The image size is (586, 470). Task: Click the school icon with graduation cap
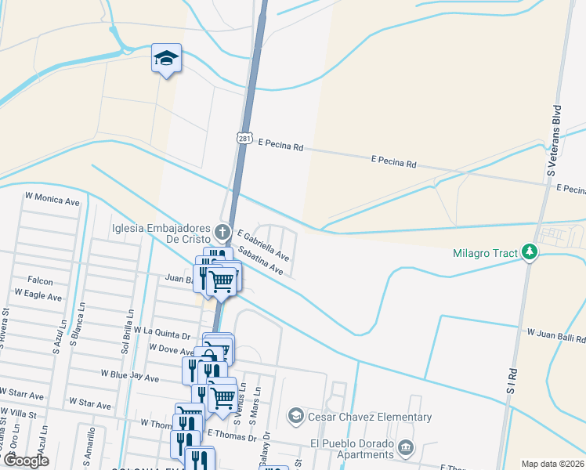[166, 59]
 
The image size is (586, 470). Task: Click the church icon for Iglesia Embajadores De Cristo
[223, 232]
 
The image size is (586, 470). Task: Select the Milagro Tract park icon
[530, 252]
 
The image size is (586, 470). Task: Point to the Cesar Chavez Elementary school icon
[295, 415]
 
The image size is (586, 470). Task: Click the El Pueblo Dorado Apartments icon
[405, 448]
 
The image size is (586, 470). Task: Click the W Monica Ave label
[52, 201]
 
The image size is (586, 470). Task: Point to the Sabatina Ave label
[260, 261]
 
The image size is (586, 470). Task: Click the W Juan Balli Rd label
[555, 335]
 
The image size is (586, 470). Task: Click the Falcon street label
[40, 281]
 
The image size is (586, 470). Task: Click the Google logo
[26, 461]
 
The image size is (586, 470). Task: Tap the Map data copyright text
[553, 464]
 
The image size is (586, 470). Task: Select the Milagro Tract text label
[487, 252]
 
